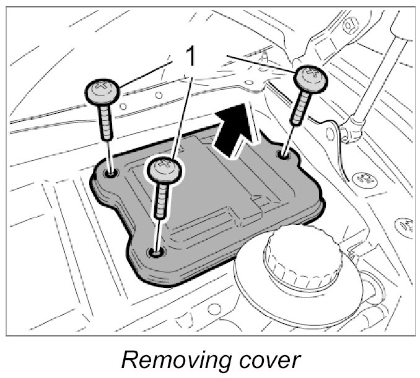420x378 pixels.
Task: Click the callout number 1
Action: coord(191,56)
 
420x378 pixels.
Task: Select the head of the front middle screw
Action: coord(165,170)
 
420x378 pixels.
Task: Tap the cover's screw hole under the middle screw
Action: coord(155,252)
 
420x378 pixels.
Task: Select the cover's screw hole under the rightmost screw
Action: coord(284,152)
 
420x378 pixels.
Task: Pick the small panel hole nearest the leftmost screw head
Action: coord(124,106)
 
